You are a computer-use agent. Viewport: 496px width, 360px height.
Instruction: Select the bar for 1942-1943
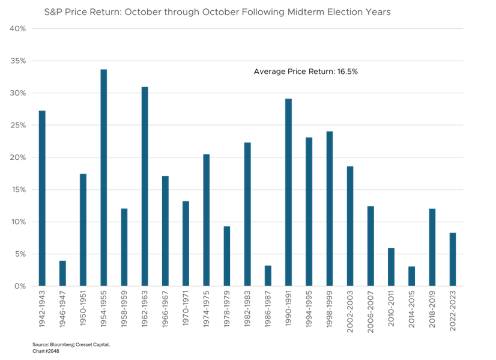tap(42, 198)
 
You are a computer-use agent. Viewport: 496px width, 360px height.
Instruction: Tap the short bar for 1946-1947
tap(62, 273)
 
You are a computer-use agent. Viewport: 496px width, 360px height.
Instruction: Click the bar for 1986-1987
tap(268, 275)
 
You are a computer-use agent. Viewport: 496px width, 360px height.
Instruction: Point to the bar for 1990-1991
tap(288, 192)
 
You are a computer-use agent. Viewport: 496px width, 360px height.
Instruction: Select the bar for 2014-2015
tap(411, 276)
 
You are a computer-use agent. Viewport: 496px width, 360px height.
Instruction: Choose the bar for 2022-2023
tap(452, 259)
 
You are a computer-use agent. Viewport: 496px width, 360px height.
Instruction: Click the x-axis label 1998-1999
tap(330, 312)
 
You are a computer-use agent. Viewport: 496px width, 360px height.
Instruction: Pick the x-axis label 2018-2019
tap(432, 312)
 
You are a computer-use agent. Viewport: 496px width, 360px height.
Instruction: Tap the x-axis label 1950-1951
tap(83, 312)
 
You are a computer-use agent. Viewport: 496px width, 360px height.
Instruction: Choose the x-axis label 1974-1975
tap(207, 312)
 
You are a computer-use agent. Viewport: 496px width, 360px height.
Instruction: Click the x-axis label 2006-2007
tap(370, 312)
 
